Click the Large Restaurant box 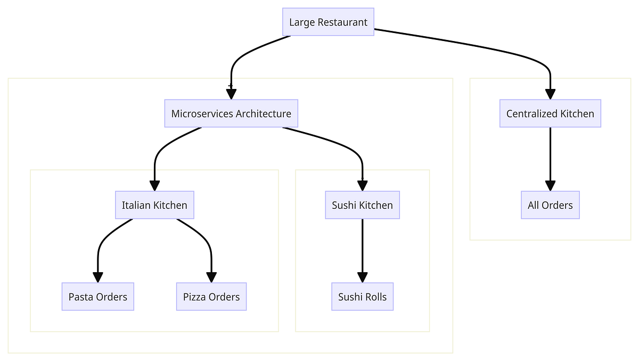coord(328,22)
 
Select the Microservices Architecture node coord(231,113)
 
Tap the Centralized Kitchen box coord(550,113)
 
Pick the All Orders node coord(550,205)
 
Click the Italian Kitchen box coord(154,205)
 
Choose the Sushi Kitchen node coord(362,205)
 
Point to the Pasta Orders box coord(98,297)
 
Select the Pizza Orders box coord(211,297)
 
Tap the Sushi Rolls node coord(362,297)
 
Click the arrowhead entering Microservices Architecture coord(231,94)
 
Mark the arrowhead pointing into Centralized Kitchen coord(550,94)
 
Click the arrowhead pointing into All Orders coord(550,185)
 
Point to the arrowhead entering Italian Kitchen coord(154,185)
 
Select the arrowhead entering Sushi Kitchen coord(362,185)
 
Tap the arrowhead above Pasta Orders coord(98,277)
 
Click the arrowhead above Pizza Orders coord(211,277)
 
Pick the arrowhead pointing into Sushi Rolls coord(362,277)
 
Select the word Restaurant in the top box coord(343,22)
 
